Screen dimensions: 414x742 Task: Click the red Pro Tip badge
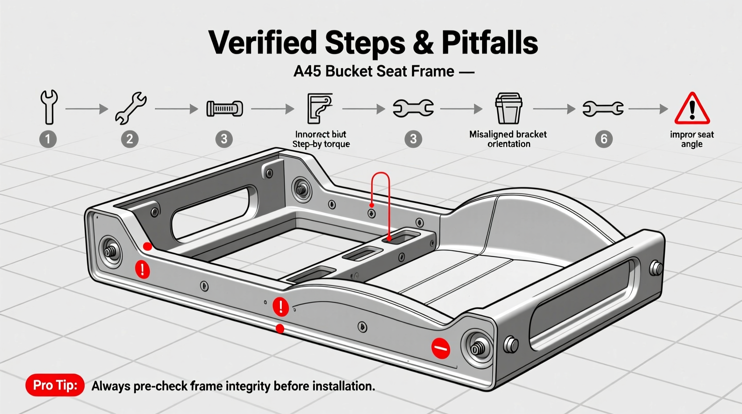tap(55, 385)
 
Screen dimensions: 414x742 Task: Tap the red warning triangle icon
tap(692, 109)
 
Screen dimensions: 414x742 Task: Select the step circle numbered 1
tap(48, 139)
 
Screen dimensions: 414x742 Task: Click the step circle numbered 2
tap(130, 139)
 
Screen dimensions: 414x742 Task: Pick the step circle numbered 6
tap(604, 139)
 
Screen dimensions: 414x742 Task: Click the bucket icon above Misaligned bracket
tap(508, 108)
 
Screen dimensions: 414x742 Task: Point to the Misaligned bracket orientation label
tap(508, 139)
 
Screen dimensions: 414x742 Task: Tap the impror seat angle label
tap(692, 139)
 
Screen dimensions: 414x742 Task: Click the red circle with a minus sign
tap(441, 348)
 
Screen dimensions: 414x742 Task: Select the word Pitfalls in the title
tap(490, 43)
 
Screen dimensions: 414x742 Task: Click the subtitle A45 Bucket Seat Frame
tap(374, 71)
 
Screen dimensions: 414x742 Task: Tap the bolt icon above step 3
tap(224, 108)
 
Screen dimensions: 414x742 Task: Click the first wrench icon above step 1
tap(49, 107)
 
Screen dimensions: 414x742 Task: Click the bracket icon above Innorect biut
tap(320, 108)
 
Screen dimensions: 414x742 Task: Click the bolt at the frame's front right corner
tap(478, 348)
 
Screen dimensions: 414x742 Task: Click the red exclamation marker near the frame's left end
tap(142, 269)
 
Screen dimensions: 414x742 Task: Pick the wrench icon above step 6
tap(603, 108)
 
